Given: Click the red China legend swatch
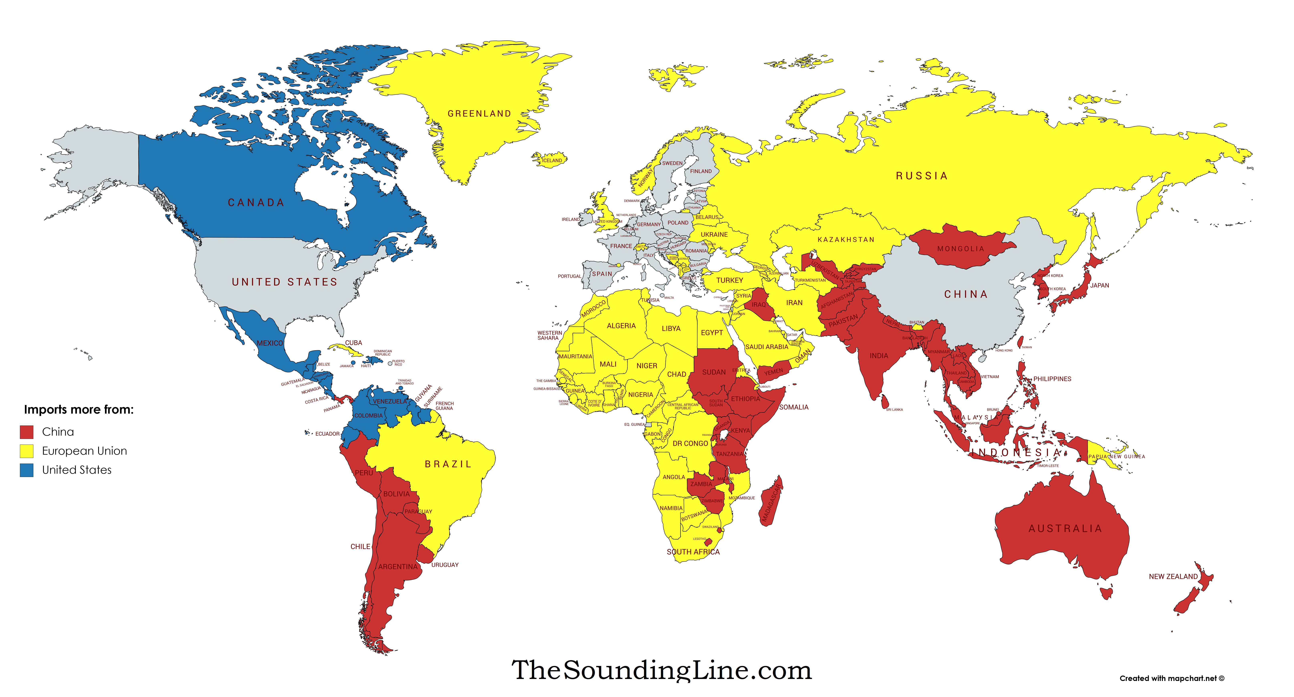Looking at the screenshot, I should tap(27, 432).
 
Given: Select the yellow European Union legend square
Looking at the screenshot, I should tap(27, 451).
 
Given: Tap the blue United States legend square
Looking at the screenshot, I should tap(27, 470).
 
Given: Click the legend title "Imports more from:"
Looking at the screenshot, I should tap(79, 410).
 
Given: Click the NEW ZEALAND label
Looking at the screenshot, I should tap(1173, 576).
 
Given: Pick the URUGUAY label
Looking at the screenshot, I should tap(444, 565).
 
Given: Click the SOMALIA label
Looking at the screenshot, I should tap(794, 407).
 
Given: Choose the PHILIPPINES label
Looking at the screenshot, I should tap(1052, 379).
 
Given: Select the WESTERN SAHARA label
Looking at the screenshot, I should tap(549, 335).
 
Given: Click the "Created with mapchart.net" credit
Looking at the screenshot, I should tap(1171, 678).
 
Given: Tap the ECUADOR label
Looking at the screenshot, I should tap(327, 434).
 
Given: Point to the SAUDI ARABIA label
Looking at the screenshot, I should tap(767, 347).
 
